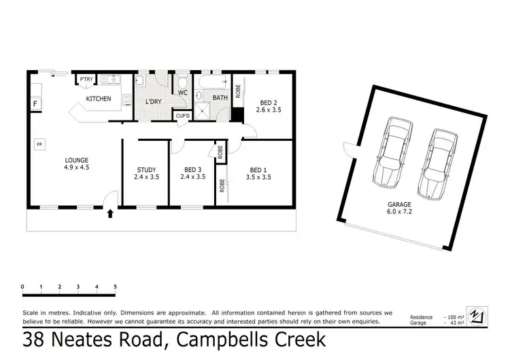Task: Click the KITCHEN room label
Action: [x=98, y=99]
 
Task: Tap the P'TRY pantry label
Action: [x=86, y=80]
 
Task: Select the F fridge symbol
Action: [x=35, y=104]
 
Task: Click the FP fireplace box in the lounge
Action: [x=40, y=145]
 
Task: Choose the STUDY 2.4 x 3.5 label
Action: [x=146, y=174]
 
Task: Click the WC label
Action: [x=183, y=93]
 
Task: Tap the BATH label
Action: [x=220, y=98]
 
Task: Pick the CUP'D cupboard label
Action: [x=182, y=116]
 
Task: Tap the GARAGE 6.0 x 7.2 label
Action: [x=401, y=208]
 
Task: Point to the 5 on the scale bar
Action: [x=115, y=287]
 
